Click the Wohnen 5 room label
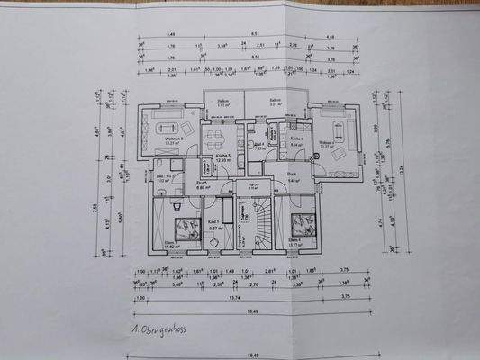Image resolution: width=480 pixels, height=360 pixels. (175, 139)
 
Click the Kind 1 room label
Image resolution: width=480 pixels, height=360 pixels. (214, 222)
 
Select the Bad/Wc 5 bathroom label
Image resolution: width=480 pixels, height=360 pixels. (164, 177)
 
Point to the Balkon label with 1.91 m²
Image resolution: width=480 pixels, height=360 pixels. (223, 103)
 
